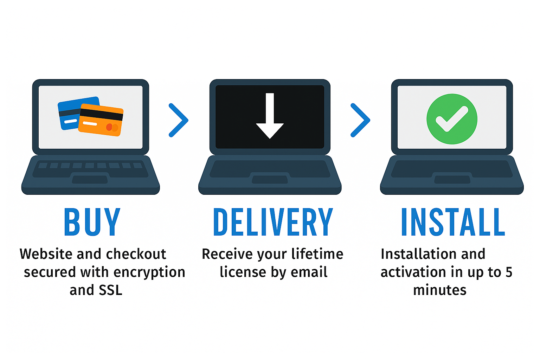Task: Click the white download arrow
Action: click(x=270, y=116)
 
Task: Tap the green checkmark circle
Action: click(x=452, y=119)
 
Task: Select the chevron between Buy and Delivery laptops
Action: click(x=179, y=120)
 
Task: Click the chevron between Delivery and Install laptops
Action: click(x=360, y=120)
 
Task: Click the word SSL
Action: click(x=110, y=290)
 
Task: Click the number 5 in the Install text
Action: click(x=509, y=272)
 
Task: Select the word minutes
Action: click(x=440, y=290)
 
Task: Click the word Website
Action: click(x=46, y=254)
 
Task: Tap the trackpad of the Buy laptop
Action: click(x=90, y=179)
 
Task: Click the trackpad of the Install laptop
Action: click(x=452, y=179)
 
